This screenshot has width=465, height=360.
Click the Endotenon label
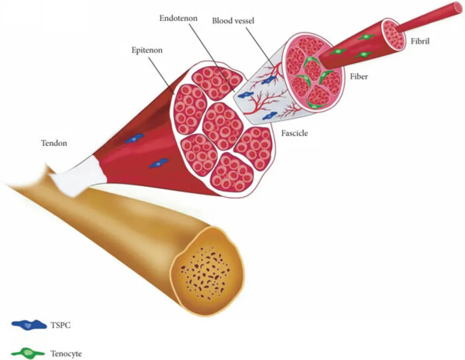[x=179, y=18]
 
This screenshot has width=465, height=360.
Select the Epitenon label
[x=148, y=50]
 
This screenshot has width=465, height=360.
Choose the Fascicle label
[x=295, y=133]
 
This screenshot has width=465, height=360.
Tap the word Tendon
[x=53, y=144]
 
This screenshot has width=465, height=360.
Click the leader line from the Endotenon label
[x=208, y=54]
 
